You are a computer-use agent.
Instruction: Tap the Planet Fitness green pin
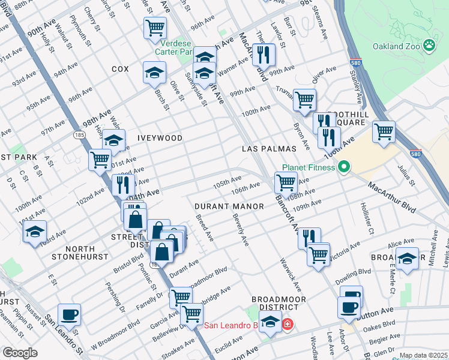pos(344,167)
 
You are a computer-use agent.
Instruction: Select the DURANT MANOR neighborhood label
pos(229,206)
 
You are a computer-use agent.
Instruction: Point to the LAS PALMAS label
pos(270,148)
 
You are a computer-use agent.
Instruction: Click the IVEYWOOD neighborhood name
pos(160,138)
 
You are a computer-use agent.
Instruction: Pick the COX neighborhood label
pos(120,70)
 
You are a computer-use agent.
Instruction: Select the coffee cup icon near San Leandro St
pos(69,314)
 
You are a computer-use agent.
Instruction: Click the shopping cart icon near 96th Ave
pos(155,28)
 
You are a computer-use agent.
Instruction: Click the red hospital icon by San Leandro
pos(288,325)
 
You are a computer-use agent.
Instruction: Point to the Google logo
pos(20,353)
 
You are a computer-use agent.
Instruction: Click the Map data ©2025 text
pos(423,355)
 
